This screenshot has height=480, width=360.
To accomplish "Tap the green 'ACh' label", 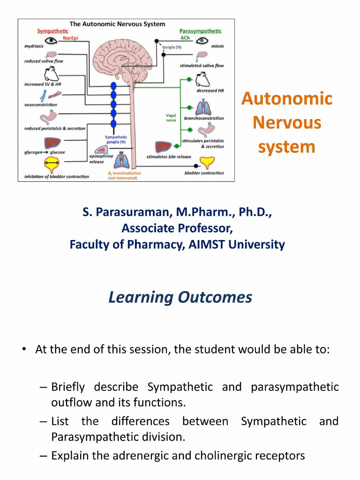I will click(x=185, y=38).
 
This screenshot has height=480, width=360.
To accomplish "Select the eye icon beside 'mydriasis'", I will click(x=50, y=41).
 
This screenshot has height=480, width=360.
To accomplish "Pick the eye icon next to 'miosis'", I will click(x=202, y=41).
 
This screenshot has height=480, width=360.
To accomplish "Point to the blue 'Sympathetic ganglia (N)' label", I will click(x=115, y=139).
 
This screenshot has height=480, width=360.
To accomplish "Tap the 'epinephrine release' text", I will click(x=101, y=159).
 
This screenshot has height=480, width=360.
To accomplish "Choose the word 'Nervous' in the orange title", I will click(x=287, y=123).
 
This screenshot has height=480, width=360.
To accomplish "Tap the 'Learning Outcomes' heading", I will click(x=180, y=297).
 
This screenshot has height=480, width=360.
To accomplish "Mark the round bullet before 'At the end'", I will click(x=23, y=349).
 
